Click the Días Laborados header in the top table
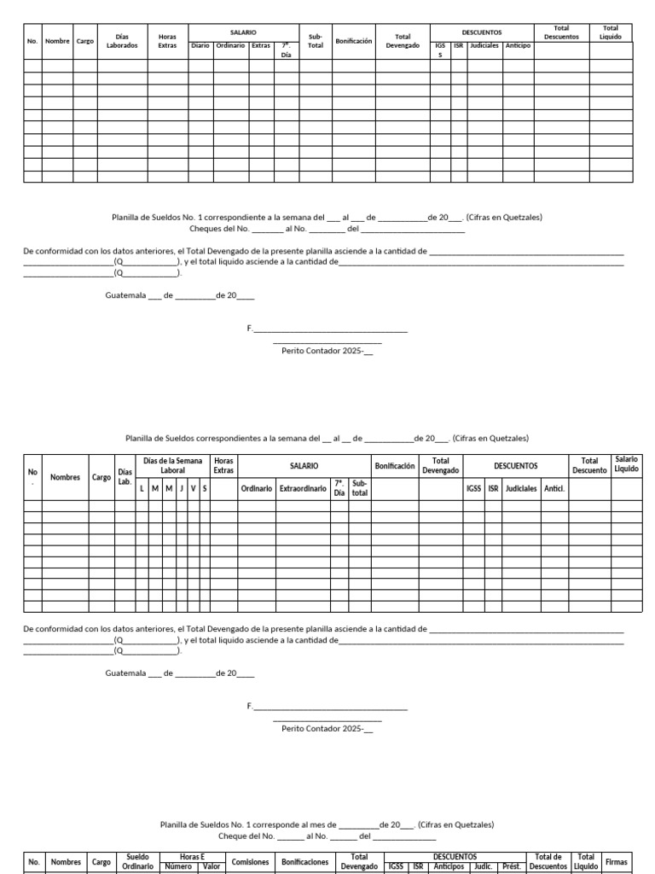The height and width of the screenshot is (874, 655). pos(122,40)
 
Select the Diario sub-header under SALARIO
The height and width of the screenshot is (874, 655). pos(200,46)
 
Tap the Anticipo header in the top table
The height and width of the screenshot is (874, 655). pos(518,46)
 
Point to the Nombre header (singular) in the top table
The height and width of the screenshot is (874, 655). pos(57,40)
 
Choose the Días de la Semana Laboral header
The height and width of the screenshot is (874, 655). pos(173,465)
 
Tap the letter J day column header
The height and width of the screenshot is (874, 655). pos(182,488)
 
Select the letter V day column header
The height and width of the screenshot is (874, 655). pos(194,488)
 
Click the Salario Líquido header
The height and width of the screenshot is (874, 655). pos(626,464)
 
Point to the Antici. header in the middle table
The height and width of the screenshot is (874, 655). pos(554,488)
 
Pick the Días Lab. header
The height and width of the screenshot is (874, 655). pos(125,476)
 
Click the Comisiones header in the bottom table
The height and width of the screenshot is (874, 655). pos(250,862)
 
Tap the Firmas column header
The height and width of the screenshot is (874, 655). pos(616,862)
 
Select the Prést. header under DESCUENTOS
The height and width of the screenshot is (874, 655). pos(512,866)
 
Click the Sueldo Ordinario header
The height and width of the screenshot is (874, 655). pos(137,861)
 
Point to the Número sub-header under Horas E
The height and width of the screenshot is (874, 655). pos(178,866)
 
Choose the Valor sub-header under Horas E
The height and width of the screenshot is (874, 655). pos(211,866)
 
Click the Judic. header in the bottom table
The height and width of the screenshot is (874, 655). pos(483,866)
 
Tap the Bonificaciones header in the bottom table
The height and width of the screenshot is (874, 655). pos(305,862)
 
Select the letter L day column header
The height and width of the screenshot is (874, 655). pos(142,488)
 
